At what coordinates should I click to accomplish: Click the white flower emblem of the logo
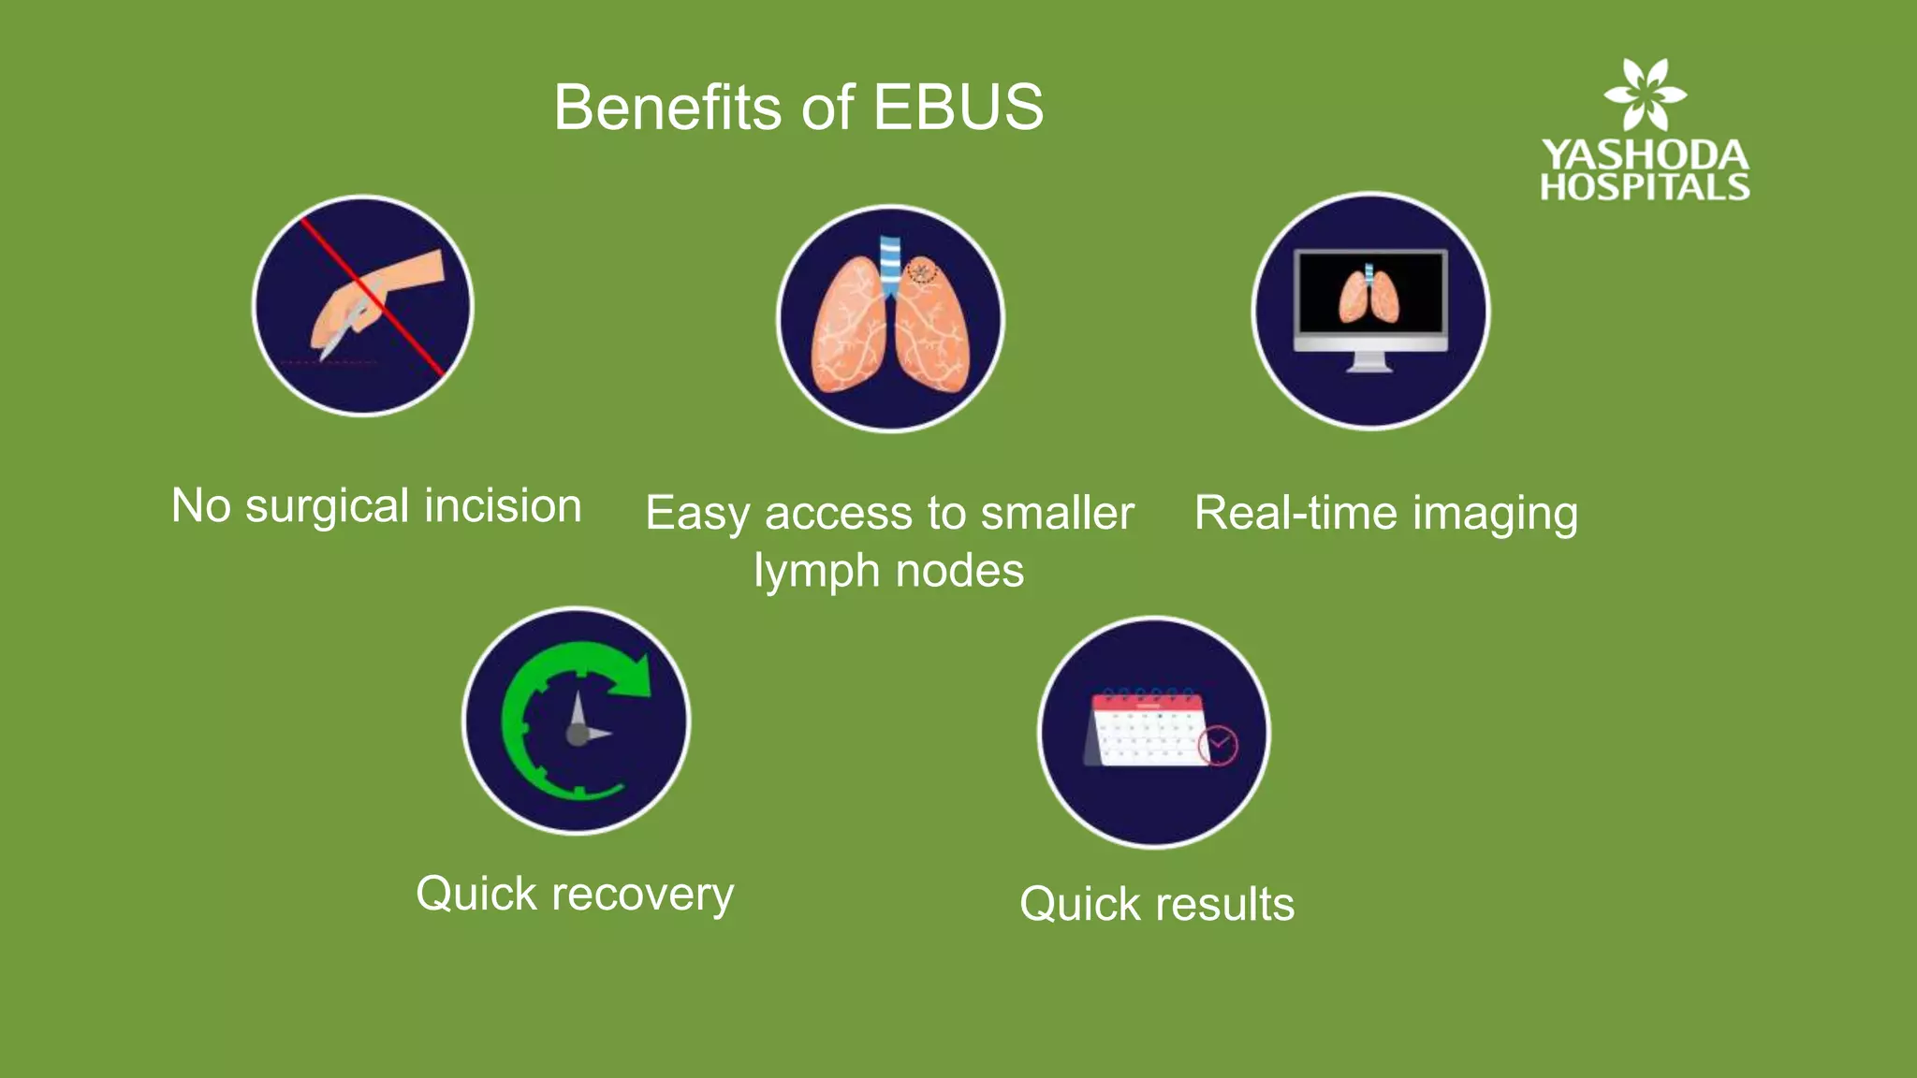(1645, 95)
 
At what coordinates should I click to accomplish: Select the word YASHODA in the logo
(1645, 154)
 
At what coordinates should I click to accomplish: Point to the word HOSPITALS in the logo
(1645, 187)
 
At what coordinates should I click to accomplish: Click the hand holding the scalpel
(374, 299)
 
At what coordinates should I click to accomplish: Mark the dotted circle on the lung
(922, 271)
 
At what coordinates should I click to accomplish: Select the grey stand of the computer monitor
(1368, 362)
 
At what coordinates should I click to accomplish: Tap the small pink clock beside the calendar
(1219, 746)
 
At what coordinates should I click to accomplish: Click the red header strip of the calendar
(1147, 701)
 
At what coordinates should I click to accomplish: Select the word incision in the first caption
(503, 506)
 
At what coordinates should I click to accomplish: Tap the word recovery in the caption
(642, 895)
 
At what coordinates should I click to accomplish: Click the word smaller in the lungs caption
(1057, 514)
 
